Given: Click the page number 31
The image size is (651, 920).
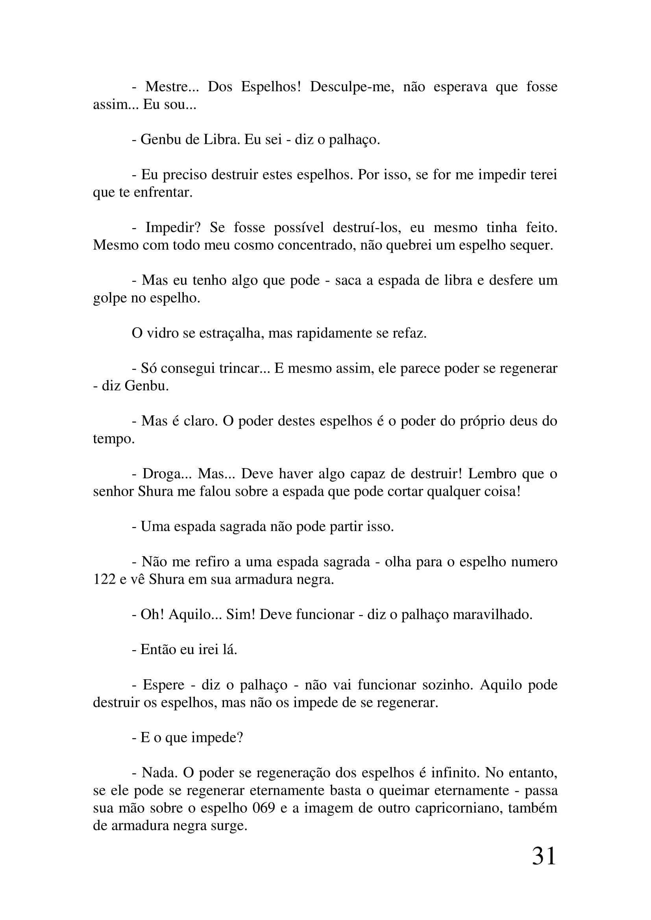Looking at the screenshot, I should click(544, 857).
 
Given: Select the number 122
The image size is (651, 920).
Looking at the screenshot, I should click(104, 579).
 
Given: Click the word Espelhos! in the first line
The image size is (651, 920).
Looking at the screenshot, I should click(270, 87).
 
